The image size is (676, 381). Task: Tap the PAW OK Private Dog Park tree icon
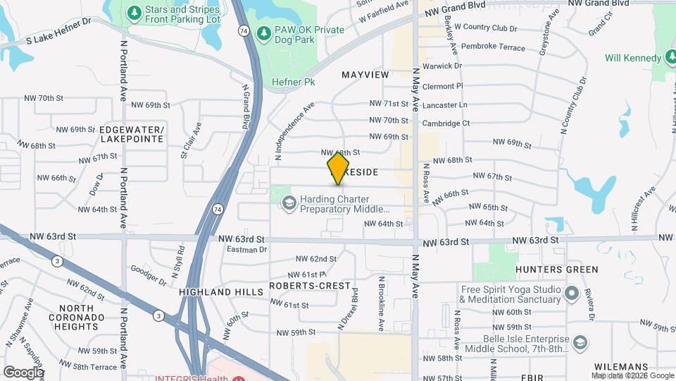click(x=263, y=32)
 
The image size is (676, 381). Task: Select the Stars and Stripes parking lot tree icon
click(x=134, y=12)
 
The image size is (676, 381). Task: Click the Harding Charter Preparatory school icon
click(x=288, y=204)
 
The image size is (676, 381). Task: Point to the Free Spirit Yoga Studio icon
click(x=571, y=293)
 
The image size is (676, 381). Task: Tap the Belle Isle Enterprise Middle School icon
click(x=580, y=342)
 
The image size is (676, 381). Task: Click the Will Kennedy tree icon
click(x=668, y=58)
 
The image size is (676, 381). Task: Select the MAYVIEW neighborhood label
click(x=365, y=74)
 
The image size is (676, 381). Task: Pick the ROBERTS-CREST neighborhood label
click(x=310, y=286)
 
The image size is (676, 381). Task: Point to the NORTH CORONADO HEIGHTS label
click(x=77, y=317)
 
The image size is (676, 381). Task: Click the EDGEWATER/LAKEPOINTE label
click(x=132, y=134)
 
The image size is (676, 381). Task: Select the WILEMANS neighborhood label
click(x=620, y=367)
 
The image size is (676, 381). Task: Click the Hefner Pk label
click(x=293, y=83)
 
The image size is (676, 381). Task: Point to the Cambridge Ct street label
click(x=446, y=123)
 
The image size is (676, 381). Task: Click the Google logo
click(x=23, y=372)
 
